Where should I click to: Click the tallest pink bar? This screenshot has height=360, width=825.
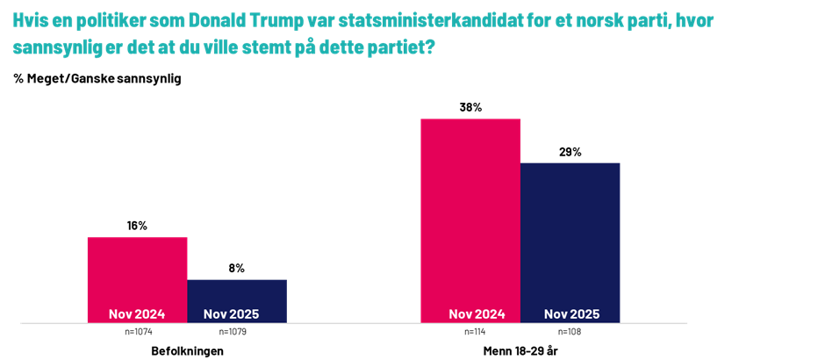[x=470, y=211]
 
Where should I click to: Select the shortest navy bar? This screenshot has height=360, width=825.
[x=237, y=295]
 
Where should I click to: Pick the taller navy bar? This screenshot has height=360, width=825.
[x=570, y=233]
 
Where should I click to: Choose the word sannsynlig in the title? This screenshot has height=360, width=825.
[x=53, y=48]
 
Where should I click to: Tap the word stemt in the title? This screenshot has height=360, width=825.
[x=282, y=48]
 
